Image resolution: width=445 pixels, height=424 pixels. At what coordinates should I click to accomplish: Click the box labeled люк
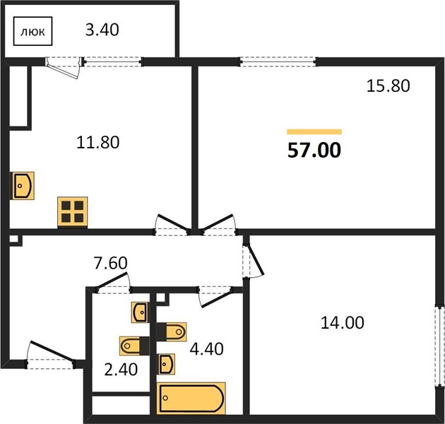[33, 31]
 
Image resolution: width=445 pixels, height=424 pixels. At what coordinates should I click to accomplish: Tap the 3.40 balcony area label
[102, 30]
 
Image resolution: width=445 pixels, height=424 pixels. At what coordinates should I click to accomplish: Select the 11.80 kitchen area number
[98, 143]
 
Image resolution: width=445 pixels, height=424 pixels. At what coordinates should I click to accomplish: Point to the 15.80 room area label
[388, 86]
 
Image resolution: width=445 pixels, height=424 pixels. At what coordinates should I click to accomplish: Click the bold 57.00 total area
[314, 151]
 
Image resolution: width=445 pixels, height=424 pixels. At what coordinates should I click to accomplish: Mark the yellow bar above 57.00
[314, 131]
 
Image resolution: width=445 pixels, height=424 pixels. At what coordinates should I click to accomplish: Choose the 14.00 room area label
[343, 323]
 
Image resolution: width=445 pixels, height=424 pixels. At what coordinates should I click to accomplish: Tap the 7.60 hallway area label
[111, 263]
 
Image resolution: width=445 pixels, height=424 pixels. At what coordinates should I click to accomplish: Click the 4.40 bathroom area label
[206, 349]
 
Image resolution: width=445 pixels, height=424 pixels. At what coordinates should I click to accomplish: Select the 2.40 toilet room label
[121, 370]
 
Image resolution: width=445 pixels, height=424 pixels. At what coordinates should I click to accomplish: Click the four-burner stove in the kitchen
[72, 212]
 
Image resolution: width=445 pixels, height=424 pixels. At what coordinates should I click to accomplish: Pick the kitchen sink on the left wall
[23, 186]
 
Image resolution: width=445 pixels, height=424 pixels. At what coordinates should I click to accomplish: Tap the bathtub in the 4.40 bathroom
[191, 398]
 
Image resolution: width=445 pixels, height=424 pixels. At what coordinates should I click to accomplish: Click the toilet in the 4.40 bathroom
[172, 331]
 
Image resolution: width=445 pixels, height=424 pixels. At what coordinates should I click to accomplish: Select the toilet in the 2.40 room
[134, 346]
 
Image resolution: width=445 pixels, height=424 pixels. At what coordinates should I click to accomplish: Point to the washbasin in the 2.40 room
[140, 312]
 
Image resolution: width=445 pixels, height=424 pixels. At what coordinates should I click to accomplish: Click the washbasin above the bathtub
[166, 364]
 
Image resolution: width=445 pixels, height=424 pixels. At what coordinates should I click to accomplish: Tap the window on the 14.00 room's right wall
[440, 346]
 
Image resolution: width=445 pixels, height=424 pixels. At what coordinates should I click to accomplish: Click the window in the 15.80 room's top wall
[278, 61]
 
